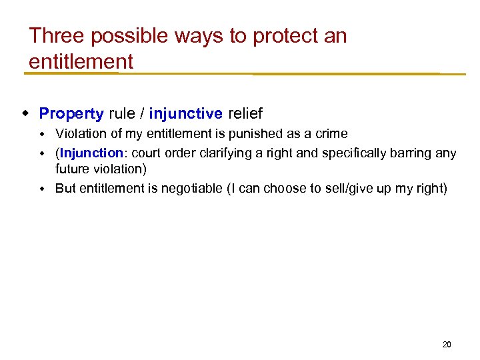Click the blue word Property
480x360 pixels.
point(71,113)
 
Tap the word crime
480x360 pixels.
point(331,134)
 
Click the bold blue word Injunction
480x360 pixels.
point(91,153)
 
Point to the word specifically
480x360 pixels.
point(357,153)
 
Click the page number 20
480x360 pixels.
point(447,345)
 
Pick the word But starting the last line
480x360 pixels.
point(65,189)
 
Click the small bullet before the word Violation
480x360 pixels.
point(43,134)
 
